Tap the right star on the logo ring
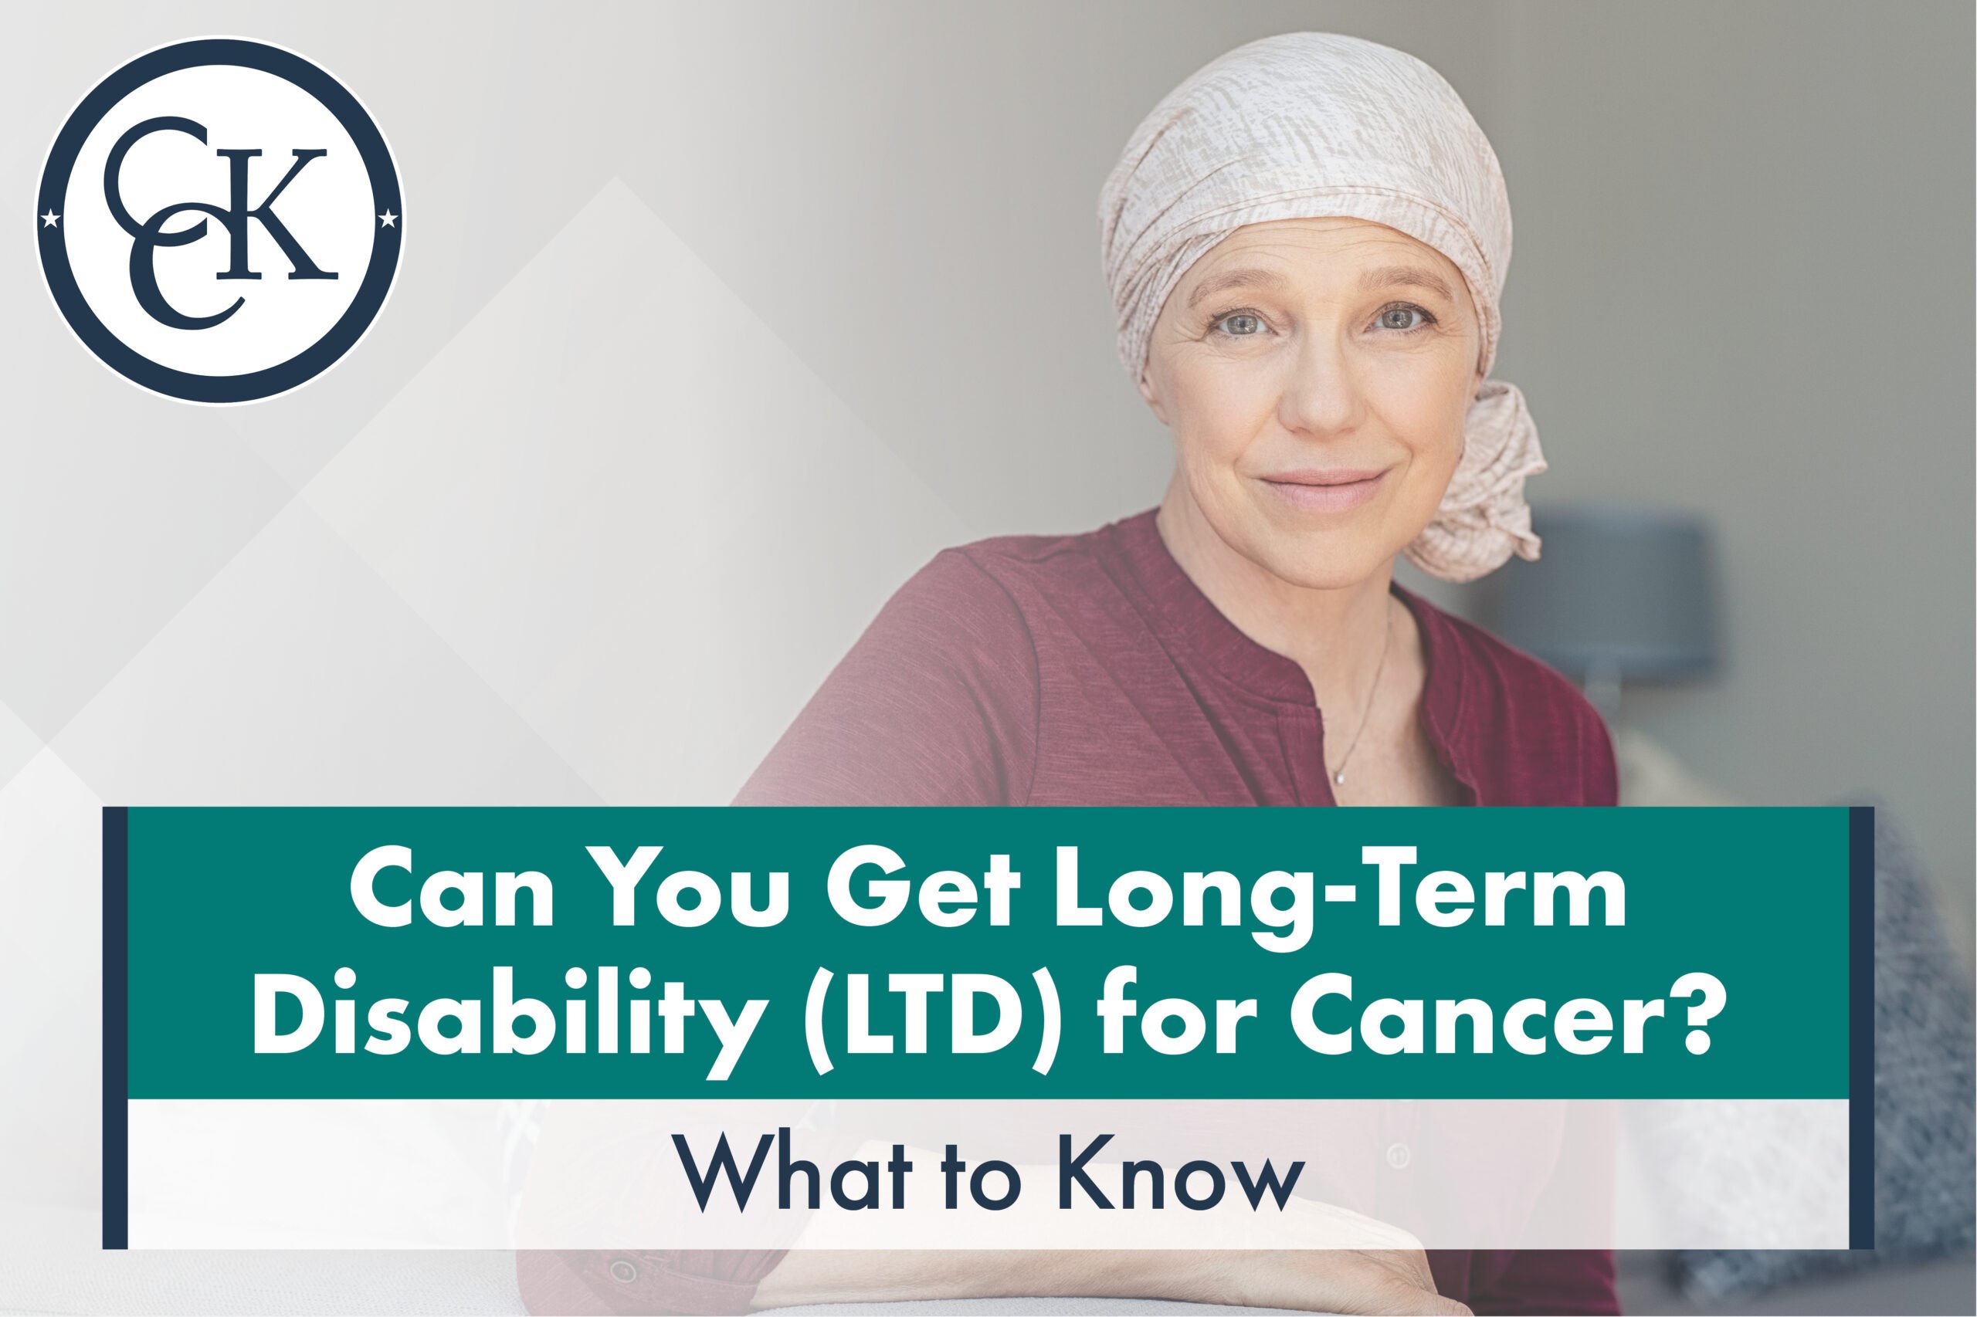[388, 220]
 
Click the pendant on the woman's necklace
[1339, 779]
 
